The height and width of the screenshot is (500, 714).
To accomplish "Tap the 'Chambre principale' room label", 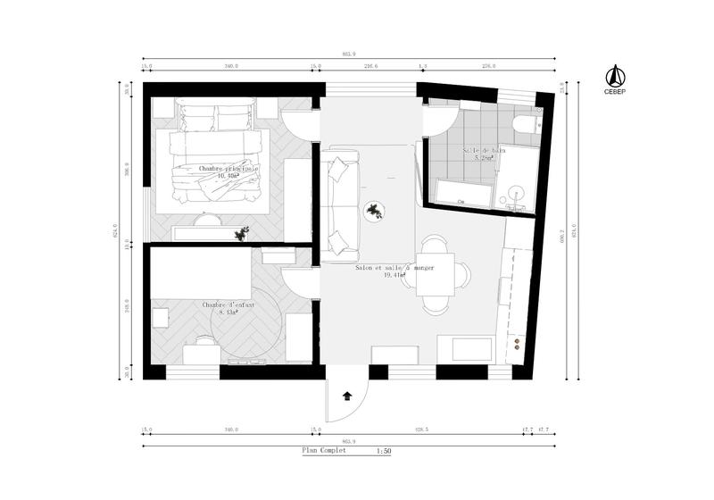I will tap(228, 168).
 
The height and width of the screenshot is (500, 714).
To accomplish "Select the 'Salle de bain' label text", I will tap(484, 150).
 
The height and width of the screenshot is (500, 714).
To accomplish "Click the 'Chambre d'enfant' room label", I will tap(228, 304).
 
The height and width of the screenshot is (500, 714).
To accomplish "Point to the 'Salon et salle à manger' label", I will tap(394, 268).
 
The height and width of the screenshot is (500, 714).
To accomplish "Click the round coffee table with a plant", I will tap(375, 212).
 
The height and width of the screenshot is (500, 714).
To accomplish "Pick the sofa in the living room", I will tap(341, 204).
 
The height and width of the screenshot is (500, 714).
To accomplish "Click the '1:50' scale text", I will tap(384, 452).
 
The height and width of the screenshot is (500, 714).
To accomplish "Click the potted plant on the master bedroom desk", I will tap(241, 234).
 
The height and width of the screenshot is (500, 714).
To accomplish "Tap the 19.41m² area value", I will tap(394, 276).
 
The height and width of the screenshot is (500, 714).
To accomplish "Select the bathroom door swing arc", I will tap(443, 120).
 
